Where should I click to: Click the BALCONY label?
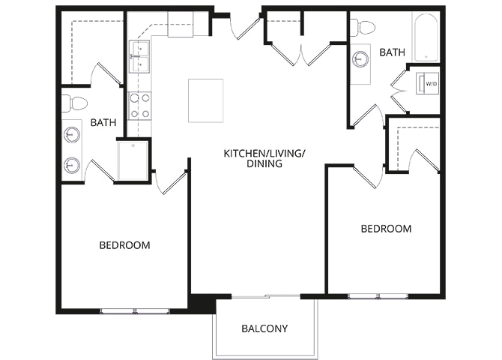coord(264,328)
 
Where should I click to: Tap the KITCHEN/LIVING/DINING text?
coord(264,158)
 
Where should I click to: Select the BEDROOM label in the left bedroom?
coord(124,245)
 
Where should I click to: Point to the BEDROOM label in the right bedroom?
coord(386,229)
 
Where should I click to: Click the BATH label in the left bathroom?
coord(103,122)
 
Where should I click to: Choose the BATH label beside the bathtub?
coord(392,52)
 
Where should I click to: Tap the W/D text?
coord(432,84)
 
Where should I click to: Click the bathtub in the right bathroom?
coord(426,37)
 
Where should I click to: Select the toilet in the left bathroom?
coord(74,103)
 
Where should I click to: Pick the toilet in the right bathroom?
coord(363,28)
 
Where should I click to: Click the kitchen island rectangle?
coord(205,100)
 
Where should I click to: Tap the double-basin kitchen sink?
coord(139,57)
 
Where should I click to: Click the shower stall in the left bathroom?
coord(133,161)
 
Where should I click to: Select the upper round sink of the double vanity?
coord(72,135)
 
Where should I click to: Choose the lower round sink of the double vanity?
coord(72,165)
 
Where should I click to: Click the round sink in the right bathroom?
coord(361,60)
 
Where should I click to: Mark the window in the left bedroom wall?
coord(135,310)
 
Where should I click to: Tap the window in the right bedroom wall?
coord(378,296)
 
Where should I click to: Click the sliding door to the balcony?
coord(266,296)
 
